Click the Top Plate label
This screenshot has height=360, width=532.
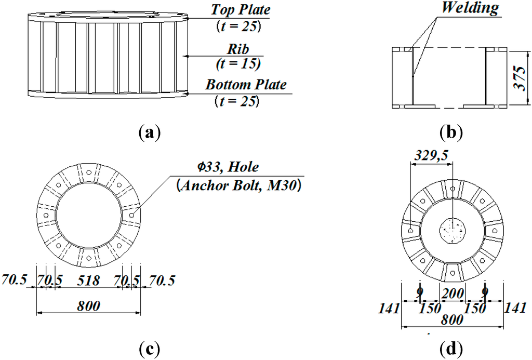pyautogui.click(x=241, y=9)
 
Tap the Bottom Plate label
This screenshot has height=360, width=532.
pyautogui.click(x=246, y=84)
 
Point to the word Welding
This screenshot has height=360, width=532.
pyautogui.click(x=470, y=8)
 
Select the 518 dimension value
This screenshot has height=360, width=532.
pyautogui.click(x=89, y=281)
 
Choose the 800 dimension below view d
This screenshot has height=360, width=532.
pyautogui.click(x=450, y=320)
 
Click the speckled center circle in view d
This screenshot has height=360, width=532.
pyautogui.click(x=453, y=231)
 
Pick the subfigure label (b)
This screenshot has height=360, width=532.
pyautogui.click(x=450, y=132)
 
